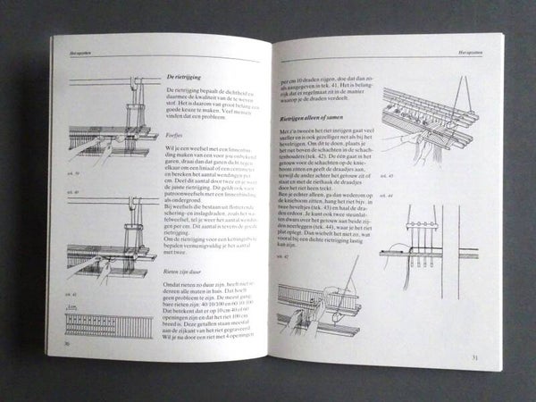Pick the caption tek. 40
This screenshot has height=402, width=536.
(67, 189)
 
